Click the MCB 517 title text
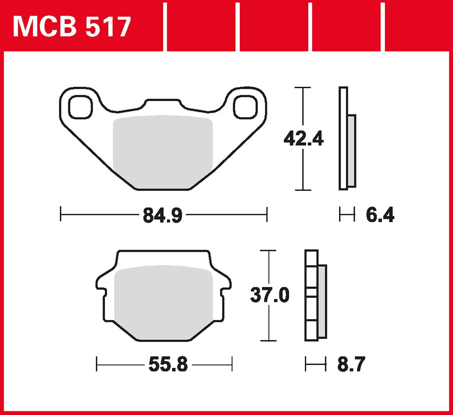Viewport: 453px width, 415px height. (72, 27)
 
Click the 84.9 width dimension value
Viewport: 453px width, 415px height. (163, 215)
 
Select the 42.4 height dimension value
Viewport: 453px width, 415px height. (303, 139)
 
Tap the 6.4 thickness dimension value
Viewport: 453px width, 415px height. (380, 215)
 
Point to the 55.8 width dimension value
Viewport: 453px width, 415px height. (168, 365)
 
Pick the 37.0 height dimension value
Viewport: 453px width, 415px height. (269, 295)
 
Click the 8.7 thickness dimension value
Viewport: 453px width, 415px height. (351, 364)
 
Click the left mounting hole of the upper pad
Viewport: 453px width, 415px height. (81, 107)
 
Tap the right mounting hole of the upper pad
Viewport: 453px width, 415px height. (245, 107)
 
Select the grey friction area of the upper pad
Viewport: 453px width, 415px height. (163, 152)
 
